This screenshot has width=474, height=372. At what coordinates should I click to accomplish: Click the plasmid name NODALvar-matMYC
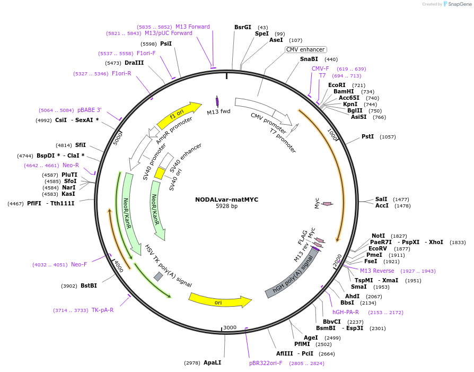click(226, 200)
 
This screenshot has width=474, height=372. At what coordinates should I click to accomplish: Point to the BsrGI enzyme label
click(243, 27)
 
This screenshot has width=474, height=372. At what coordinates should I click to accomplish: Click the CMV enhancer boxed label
click(305, 49)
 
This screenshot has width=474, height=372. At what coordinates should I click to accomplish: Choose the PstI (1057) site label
click(367, 136)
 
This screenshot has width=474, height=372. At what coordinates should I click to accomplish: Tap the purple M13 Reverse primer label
click(377, 271)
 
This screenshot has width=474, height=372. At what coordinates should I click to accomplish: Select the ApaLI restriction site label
click(212, 362)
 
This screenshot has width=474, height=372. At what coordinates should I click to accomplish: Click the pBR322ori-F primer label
click(266, 363)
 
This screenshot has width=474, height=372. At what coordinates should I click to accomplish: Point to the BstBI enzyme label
click(89, 286)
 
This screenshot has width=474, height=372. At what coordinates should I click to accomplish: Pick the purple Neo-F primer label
click(78, 264)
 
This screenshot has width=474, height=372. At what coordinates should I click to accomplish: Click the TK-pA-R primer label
click(102, 310)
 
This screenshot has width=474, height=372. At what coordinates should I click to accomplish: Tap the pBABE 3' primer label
click(89, 110)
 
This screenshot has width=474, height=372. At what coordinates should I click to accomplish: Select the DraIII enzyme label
click(134, 63)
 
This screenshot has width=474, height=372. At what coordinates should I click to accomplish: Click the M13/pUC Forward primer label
click(169, 33)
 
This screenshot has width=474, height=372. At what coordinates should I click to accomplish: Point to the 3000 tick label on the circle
click(230, 327)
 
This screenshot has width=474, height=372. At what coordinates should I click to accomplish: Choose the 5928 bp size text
click(226, 206)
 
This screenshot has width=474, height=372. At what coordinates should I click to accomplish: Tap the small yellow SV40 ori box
click(159, 174)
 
